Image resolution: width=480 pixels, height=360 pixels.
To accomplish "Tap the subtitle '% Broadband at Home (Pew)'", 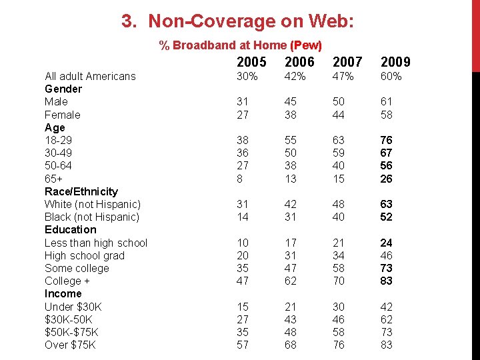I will tap(241, 45).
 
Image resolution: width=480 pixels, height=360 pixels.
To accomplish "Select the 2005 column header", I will tap(251, 62).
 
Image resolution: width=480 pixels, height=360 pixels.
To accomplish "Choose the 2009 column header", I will tap(395, 62).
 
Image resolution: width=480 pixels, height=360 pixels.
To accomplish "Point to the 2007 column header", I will tap(347, 62).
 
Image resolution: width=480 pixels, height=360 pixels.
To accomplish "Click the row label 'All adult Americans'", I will tap(90, 76).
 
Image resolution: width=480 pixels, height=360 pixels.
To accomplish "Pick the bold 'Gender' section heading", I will tap(63, 89).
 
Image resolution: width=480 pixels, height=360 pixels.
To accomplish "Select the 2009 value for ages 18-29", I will tap(387, 140).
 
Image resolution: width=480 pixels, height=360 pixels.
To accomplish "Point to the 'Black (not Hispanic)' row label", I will tap(92, 217).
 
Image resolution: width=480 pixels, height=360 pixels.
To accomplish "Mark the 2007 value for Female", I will tap(339, 115).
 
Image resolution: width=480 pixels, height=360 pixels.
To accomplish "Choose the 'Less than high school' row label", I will tap(96, 243).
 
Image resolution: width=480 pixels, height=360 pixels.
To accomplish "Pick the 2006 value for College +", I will tap(291, 281).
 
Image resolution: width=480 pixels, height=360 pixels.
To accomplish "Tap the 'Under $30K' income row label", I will tap(72, 307).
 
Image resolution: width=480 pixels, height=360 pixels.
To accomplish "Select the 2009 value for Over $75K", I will tap(387, 345).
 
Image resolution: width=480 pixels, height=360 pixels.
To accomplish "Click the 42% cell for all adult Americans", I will tap(295, 76).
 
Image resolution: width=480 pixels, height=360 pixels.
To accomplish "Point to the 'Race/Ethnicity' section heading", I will tap(81, 191).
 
